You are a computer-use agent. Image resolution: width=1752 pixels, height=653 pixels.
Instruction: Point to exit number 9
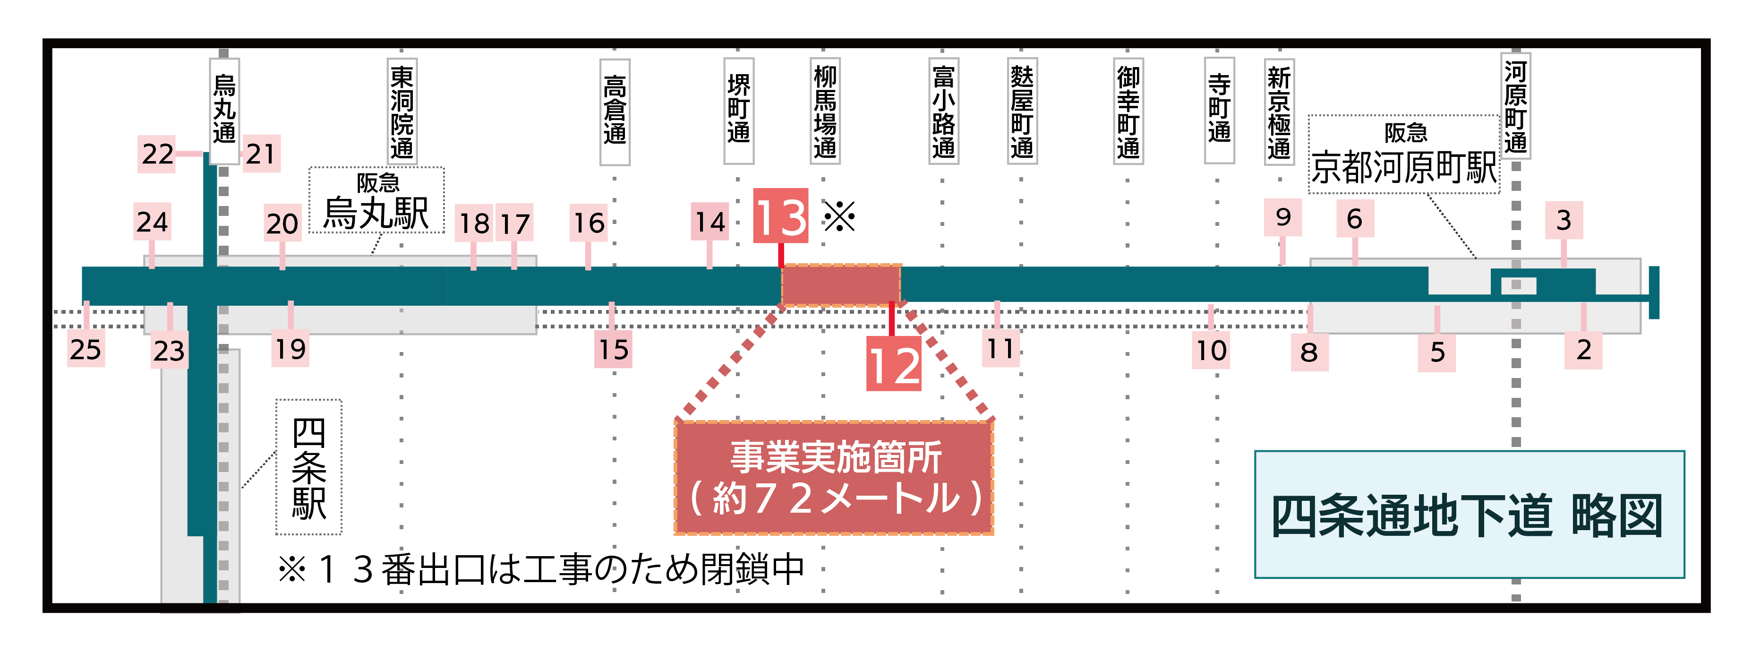(x=1283, y=217)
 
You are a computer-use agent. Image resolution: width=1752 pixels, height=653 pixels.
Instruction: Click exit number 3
(x=1564, y=220)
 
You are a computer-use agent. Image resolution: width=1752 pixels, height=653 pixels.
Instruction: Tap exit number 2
(x=1583, y=350)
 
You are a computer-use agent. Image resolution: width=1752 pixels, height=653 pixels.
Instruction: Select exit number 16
(x=588, y=223)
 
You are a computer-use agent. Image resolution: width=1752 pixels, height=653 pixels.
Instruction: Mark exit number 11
(x=1000, y=349)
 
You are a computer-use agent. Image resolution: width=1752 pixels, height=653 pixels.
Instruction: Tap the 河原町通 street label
(x=1515, y=106)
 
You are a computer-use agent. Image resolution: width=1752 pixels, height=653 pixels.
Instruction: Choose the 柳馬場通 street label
(x=825, y=111)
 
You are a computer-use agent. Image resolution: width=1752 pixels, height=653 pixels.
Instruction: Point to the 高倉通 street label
(x=615, y=112)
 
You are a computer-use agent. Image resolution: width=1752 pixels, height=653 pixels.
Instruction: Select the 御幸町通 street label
(x=1128, y=112)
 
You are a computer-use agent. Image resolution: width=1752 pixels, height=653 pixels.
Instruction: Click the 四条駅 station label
(x=309, y=467)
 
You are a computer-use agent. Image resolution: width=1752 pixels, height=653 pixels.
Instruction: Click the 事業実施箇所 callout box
(x=834, y=478)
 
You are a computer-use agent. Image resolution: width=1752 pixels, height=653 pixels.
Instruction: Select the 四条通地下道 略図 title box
(x=1469, y=514)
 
